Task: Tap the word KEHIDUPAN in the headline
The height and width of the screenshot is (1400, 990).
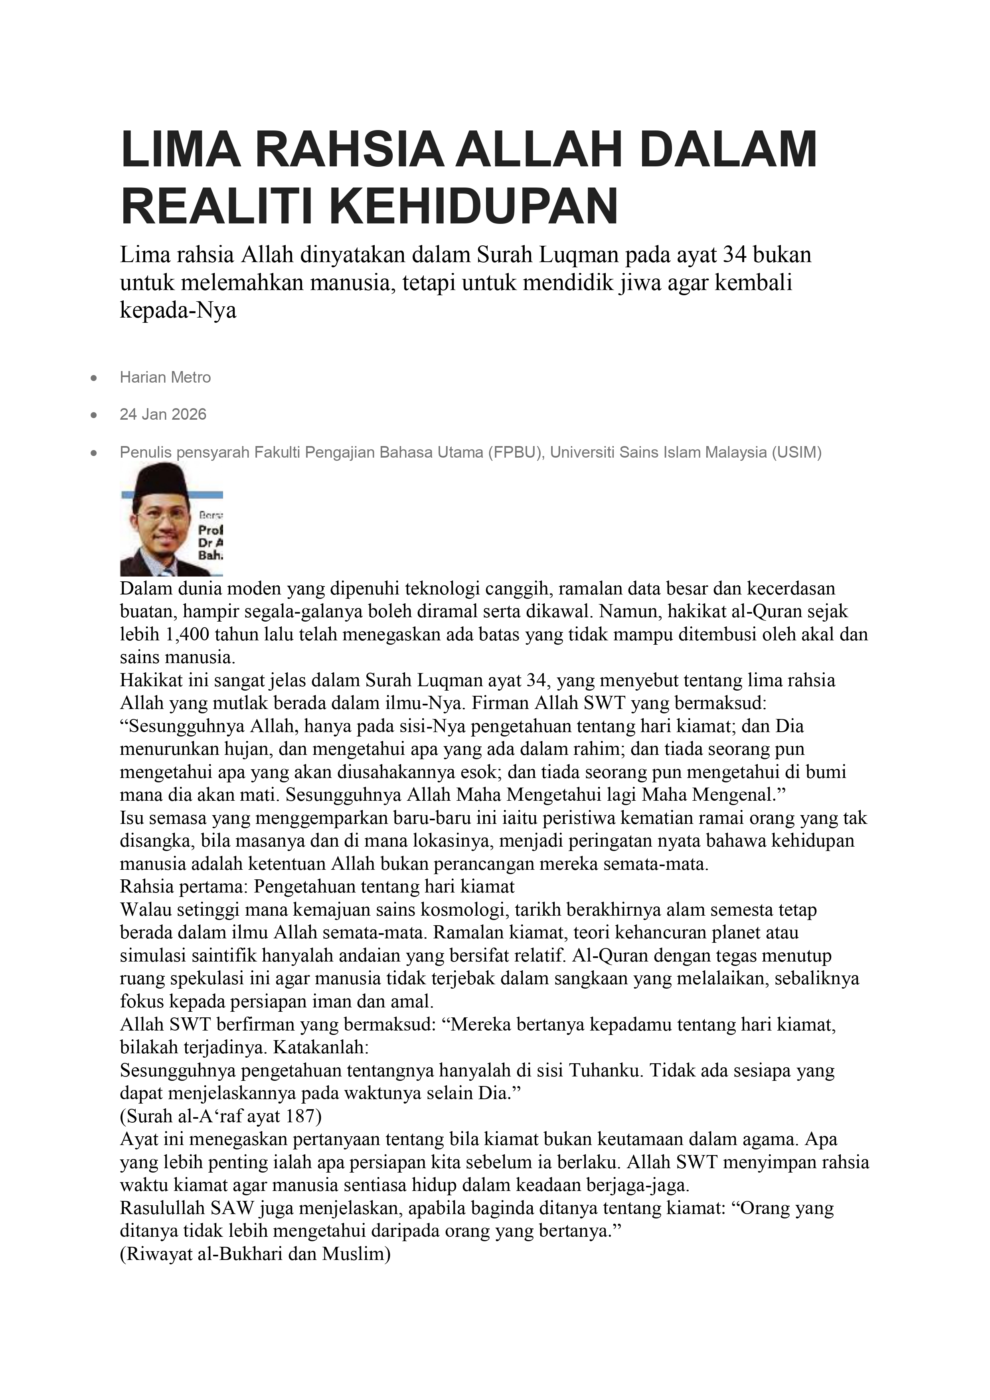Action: point(473,207)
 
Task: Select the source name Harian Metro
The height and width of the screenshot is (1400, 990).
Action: point(165,377)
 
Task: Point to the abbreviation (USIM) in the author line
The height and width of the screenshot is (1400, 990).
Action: point(796,452)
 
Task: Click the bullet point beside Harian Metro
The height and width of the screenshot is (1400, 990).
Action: point(93,379)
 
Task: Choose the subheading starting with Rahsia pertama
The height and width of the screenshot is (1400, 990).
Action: point(317,886)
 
